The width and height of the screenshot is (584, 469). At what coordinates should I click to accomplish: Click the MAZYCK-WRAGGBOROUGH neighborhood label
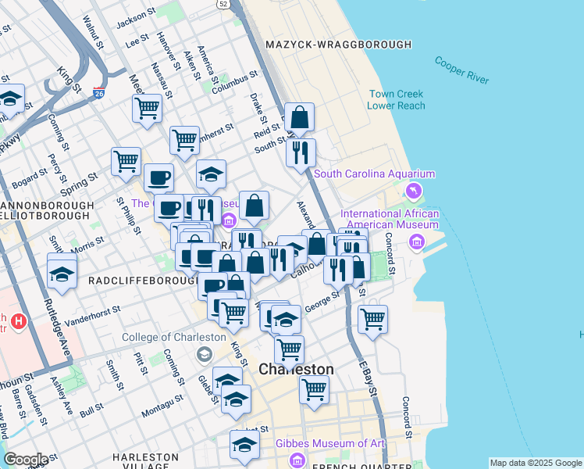[x=338, y=45]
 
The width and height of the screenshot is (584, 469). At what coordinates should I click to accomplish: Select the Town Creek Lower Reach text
[x=397, y=100]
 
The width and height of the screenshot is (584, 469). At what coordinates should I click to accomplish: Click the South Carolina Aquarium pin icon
[x=413, y=191]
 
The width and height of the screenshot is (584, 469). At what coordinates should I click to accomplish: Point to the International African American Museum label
[x=390, y=219]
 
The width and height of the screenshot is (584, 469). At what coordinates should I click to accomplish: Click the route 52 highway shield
[x=224, y=5]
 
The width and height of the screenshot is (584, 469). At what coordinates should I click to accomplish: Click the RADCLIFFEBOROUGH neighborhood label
[x=144, y=279]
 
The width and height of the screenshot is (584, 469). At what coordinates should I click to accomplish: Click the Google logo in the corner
[x=25, y=460]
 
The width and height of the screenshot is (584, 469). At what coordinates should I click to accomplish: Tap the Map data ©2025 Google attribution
[x=536, y=463]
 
